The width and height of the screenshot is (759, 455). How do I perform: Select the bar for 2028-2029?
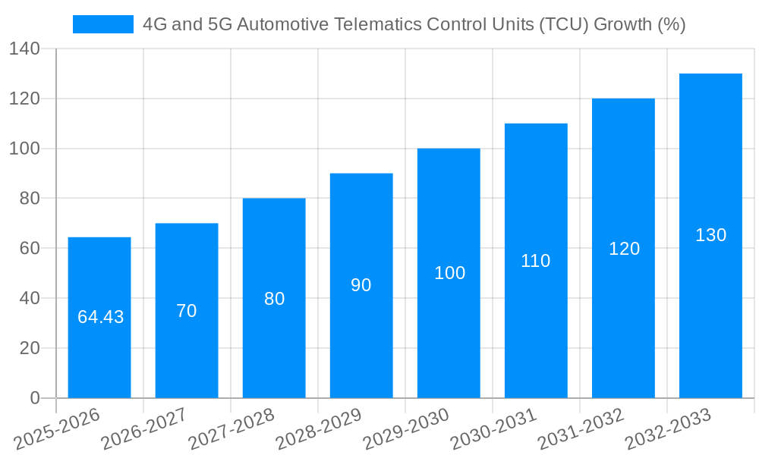point(361,341)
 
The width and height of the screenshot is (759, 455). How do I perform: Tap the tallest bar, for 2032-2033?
point(710,303)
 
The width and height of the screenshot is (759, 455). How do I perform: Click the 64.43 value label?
point(100,317)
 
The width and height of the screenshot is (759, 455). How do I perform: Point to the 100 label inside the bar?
point(449,273)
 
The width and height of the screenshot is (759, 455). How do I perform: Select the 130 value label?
point(710,235)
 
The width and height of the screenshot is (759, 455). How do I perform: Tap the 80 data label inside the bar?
point(274,299)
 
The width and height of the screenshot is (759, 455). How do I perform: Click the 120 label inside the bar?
point(624,249)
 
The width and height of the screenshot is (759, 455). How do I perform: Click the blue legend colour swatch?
point(102,24)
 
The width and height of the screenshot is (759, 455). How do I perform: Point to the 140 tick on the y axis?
point(24,49)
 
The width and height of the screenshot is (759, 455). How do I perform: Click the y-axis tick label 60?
point(29,249)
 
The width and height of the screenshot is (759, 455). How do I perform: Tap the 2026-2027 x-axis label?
point(145,428)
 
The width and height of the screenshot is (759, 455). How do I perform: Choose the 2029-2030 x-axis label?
point(407,428)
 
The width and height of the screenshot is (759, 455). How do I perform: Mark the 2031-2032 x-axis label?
point(581,428)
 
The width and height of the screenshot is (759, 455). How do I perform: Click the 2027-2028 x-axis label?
point(232,428)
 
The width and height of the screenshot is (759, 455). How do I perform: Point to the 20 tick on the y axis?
point(29,348)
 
